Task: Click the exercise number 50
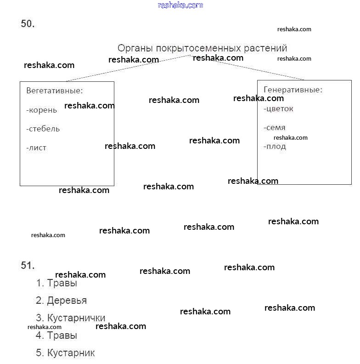coord(28,24)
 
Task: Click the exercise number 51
coord(28,265)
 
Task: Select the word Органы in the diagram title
coord(135,48)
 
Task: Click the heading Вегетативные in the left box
coord(54,91)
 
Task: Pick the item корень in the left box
coord(42,110)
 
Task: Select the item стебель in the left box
coord(43,129)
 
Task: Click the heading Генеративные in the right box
coord(293,90)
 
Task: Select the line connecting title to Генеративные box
coord(257,69)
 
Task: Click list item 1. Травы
coord(57,283)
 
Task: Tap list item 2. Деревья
coord(62,301)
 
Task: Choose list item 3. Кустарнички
coord(71,318)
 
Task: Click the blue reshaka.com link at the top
coord(180,5)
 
